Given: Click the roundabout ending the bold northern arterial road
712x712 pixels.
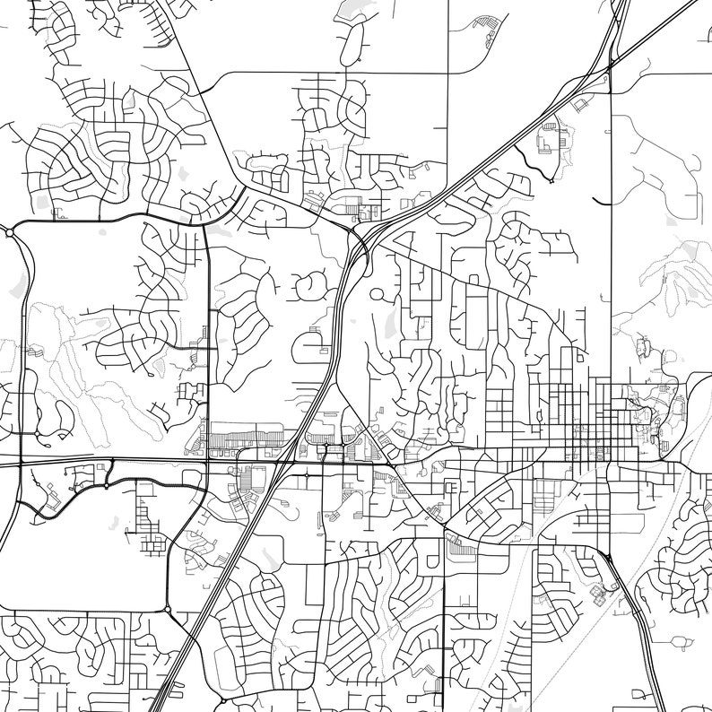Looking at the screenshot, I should tap(10, 232).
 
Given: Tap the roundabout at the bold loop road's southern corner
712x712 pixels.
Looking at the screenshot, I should tap(168, 610).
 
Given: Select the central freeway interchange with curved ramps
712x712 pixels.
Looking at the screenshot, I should tap(359, 240).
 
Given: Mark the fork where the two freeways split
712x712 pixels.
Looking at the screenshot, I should tap(610, 65).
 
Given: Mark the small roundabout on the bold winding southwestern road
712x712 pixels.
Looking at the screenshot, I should tap(107, 486).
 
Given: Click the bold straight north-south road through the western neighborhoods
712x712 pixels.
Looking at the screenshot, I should tap(208, 341).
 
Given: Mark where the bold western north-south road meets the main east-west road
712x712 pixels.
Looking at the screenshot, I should tap(208, 463).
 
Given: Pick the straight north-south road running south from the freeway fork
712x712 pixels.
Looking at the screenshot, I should tap(611, 269).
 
